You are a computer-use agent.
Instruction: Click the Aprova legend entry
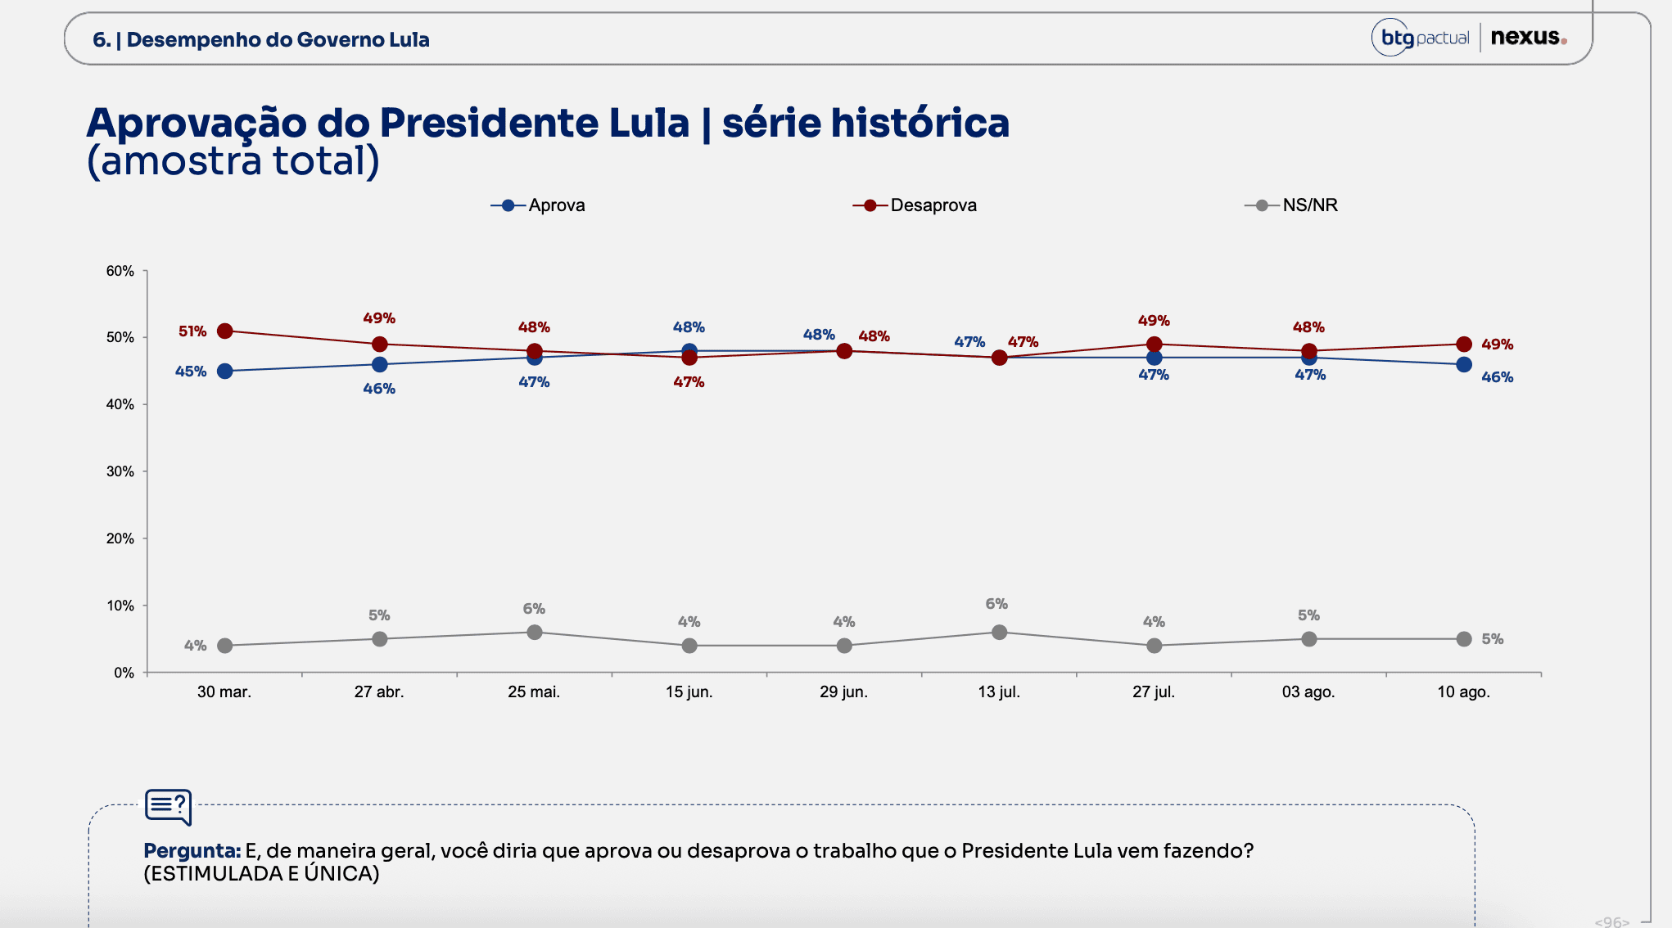[538, 205]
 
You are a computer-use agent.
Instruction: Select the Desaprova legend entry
[915, 205]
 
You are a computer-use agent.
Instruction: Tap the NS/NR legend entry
[1291, 205]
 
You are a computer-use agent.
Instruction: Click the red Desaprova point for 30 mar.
[225, 331]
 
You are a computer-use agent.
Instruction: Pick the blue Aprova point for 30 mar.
[225, 372]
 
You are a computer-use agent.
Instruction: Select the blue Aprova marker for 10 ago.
[1464, 365]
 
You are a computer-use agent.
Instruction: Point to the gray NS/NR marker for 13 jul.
[999, 633]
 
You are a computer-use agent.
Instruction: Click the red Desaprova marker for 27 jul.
[1155, 345]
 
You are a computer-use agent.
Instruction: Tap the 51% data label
[192, 331]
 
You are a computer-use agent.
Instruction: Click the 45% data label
[191, 372]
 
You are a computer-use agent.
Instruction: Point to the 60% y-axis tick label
[120, 271]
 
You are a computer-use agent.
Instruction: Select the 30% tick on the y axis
[120, 471]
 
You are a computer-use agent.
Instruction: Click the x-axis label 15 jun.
[689, 692]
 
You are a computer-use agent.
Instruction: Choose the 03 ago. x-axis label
[1308, 692]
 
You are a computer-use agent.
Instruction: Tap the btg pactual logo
[1421, 38]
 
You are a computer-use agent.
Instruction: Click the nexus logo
[1529, 38]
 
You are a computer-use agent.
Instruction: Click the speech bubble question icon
[169, 807]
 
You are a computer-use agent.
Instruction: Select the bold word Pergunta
[192, 851]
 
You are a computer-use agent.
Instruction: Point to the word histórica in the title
[920, 124]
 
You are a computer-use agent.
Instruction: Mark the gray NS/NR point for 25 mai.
[535, 633]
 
